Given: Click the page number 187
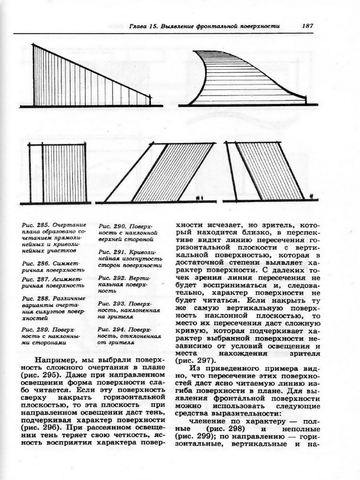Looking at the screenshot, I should coord(307,26).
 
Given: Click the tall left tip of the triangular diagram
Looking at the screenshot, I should coord(33,46).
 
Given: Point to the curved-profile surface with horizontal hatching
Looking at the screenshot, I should coord(244,80).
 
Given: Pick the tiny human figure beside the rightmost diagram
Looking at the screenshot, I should coord(312,196).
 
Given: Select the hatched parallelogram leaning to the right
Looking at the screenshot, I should coord(173,172).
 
